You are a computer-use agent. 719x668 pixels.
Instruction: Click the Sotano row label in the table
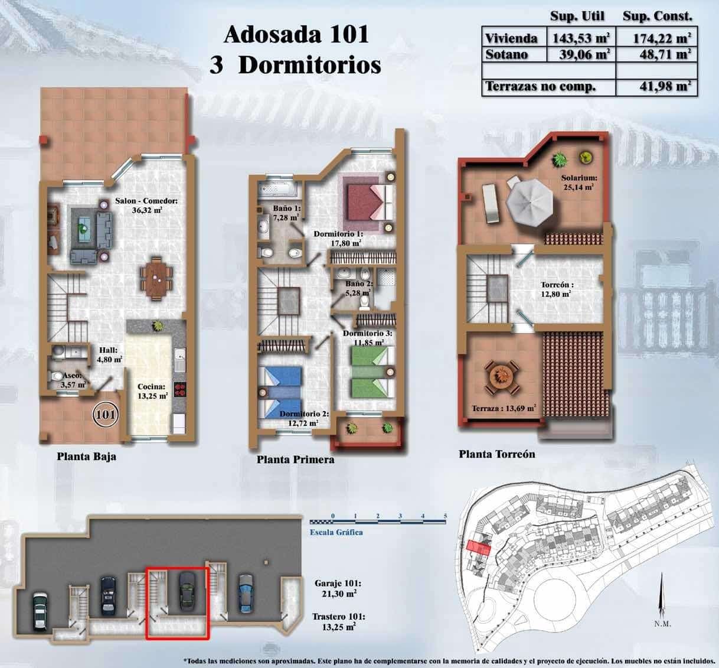(x=506, y=54)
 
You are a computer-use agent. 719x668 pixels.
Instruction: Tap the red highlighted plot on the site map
(x=479, y=547)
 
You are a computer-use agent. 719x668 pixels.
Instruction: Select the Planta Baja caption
(x=86, y=457)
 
